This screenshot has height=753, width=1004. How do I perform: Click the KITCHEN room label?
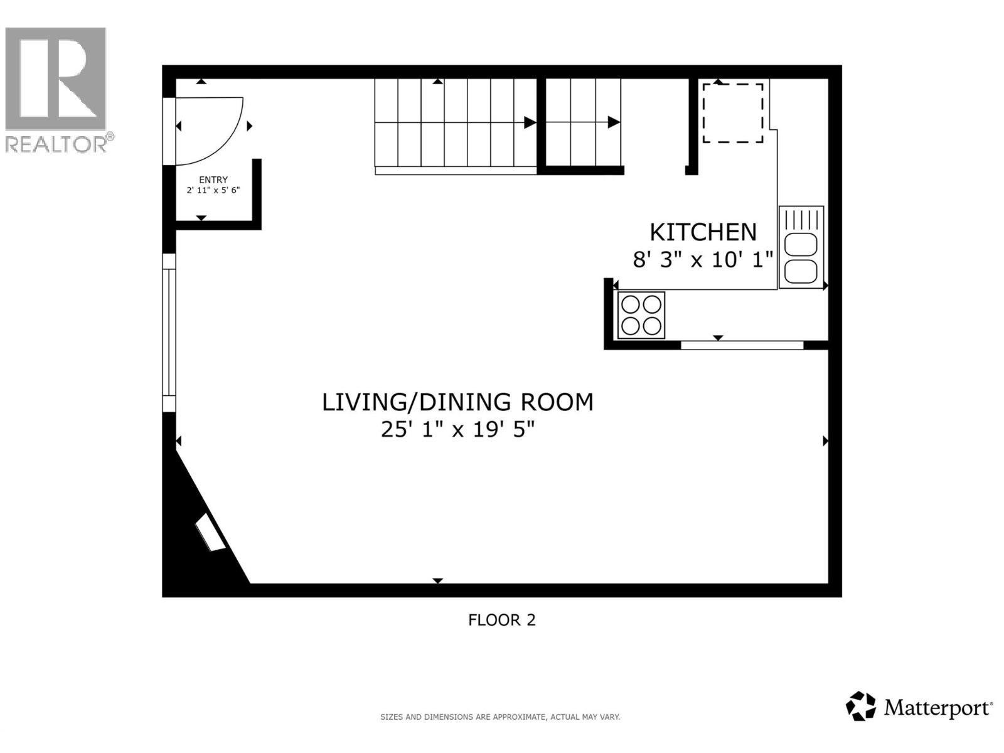(703, 232)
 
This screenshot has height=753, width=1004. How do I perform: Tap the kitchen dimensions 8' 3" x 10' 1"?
(703, 259)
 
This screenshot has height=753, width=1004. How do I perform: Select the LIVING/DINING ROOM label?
(457, 402)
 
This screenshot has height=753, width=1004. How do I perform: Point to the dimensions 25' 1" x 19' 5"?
(457, 430)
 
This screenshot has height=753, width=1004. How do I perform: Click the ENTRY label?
(213, 179)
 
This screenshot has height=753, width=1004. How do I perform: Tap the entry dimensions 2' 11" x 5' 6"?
(213, 190)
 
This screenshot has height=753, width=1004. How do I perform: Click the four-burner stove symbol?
(641, 315)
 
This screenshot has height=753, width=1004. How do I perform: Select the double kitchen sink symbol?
(801, 247)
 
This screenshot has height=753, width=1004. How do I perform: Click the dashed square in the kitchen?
(732, 113)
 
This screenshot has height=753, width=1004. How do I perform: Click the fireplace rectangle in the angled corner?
(210, 533)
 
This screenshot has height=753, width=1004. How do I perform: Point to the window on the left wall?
(169, 333)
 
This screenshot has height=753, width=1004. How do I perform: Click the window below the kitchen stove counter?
(742, 345)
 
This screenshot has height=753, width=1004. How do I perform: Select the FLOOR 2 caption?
(501, 620)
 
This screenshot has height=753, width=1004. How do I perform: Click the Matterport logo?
(919, 707)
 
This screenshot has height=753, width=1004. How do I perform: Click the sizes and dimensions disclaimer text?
(500, 717)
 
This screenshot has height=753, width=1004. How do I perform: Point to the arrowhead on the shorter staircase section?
(614, 122)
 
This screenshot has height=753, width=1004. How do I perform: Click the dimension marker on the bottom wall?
(437, 581)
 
